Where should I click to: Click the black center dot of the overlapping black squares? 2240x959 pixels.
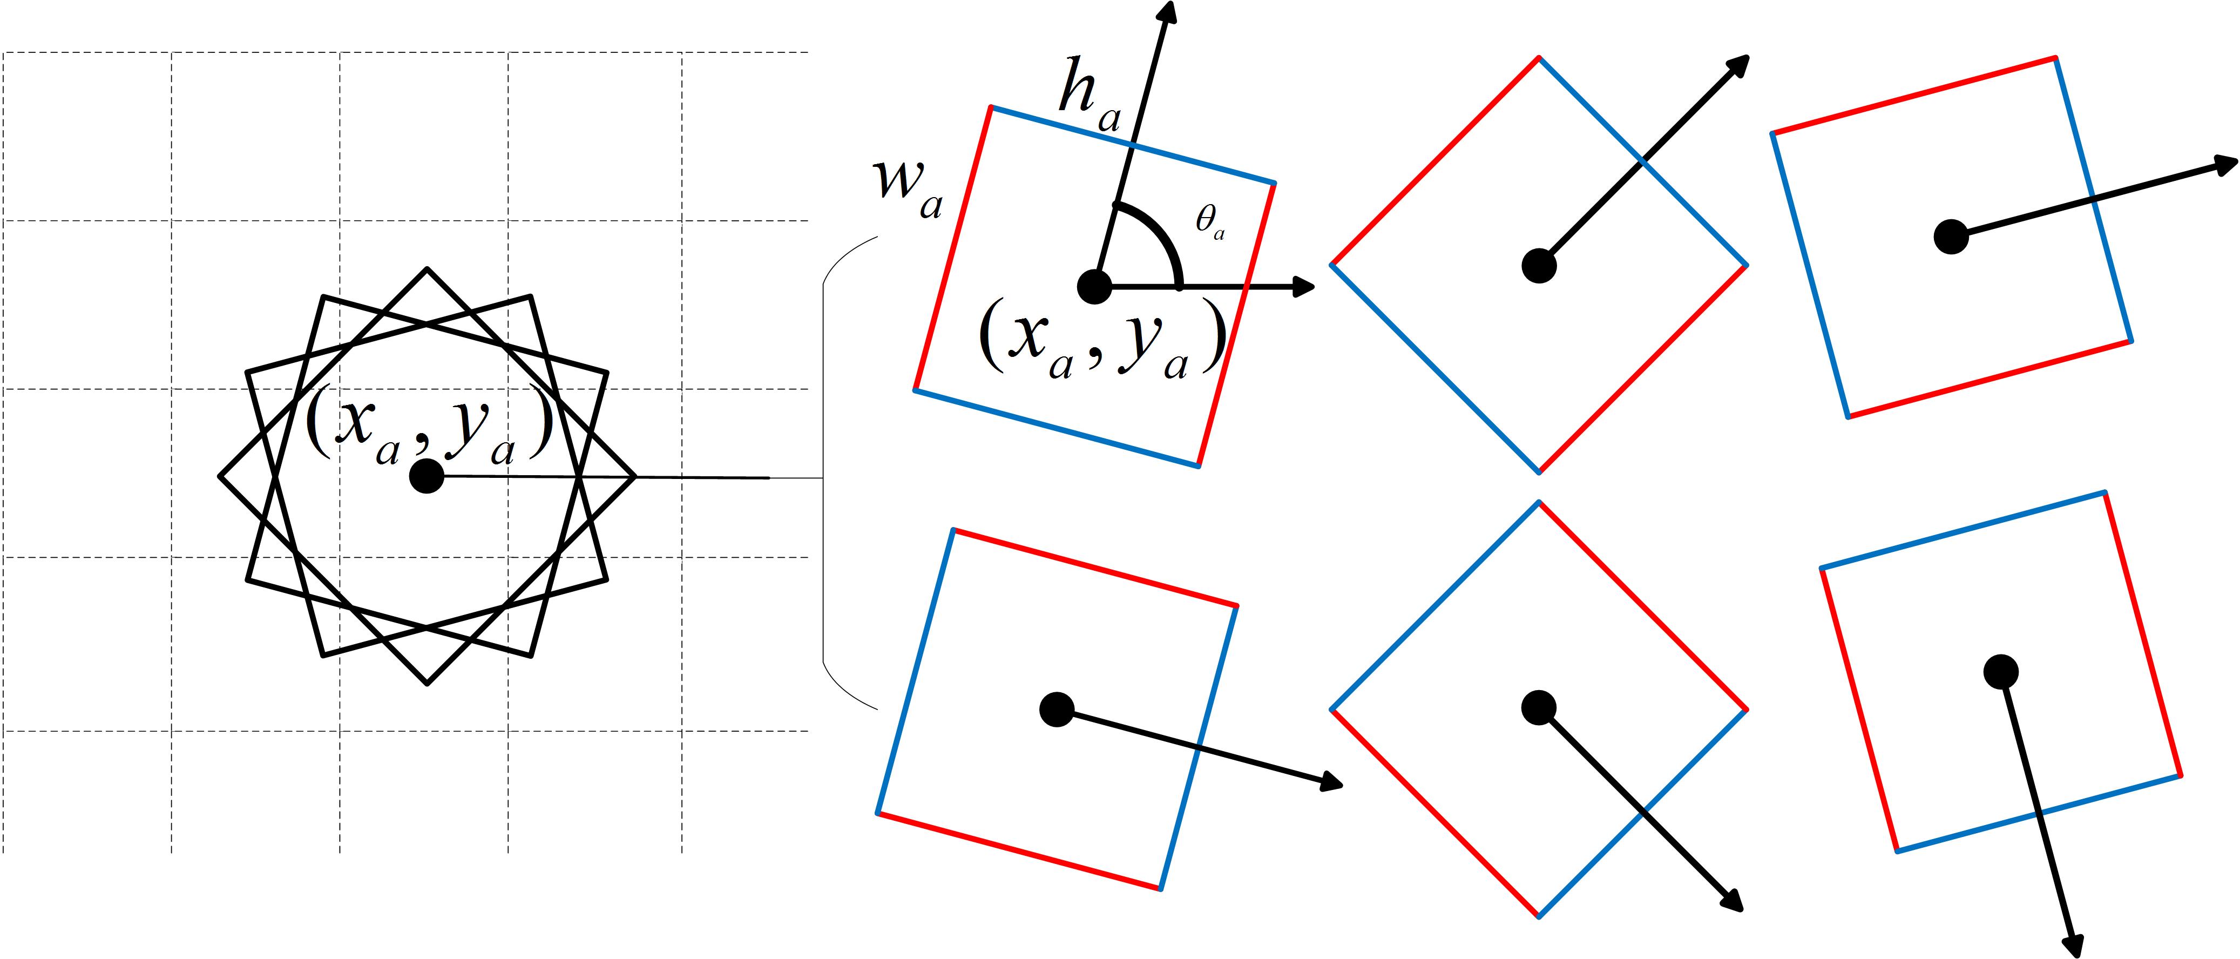click(x=427, y=476)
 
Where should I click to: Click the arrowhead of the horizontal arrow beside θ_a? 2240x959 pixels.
click(x=1304, y=286)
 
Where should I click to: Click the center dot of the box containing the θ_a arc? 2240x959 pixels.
click(x=1094, y=286)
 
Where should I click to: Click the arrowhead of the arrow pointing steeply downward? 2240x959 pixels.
click(x=2076, y=946)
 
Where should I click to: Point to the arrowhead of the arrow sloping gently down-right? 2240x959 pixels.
click(x=1333, y=784)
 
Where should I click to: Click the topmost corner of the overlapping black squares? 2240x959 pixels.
click(x=427, y=269)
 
